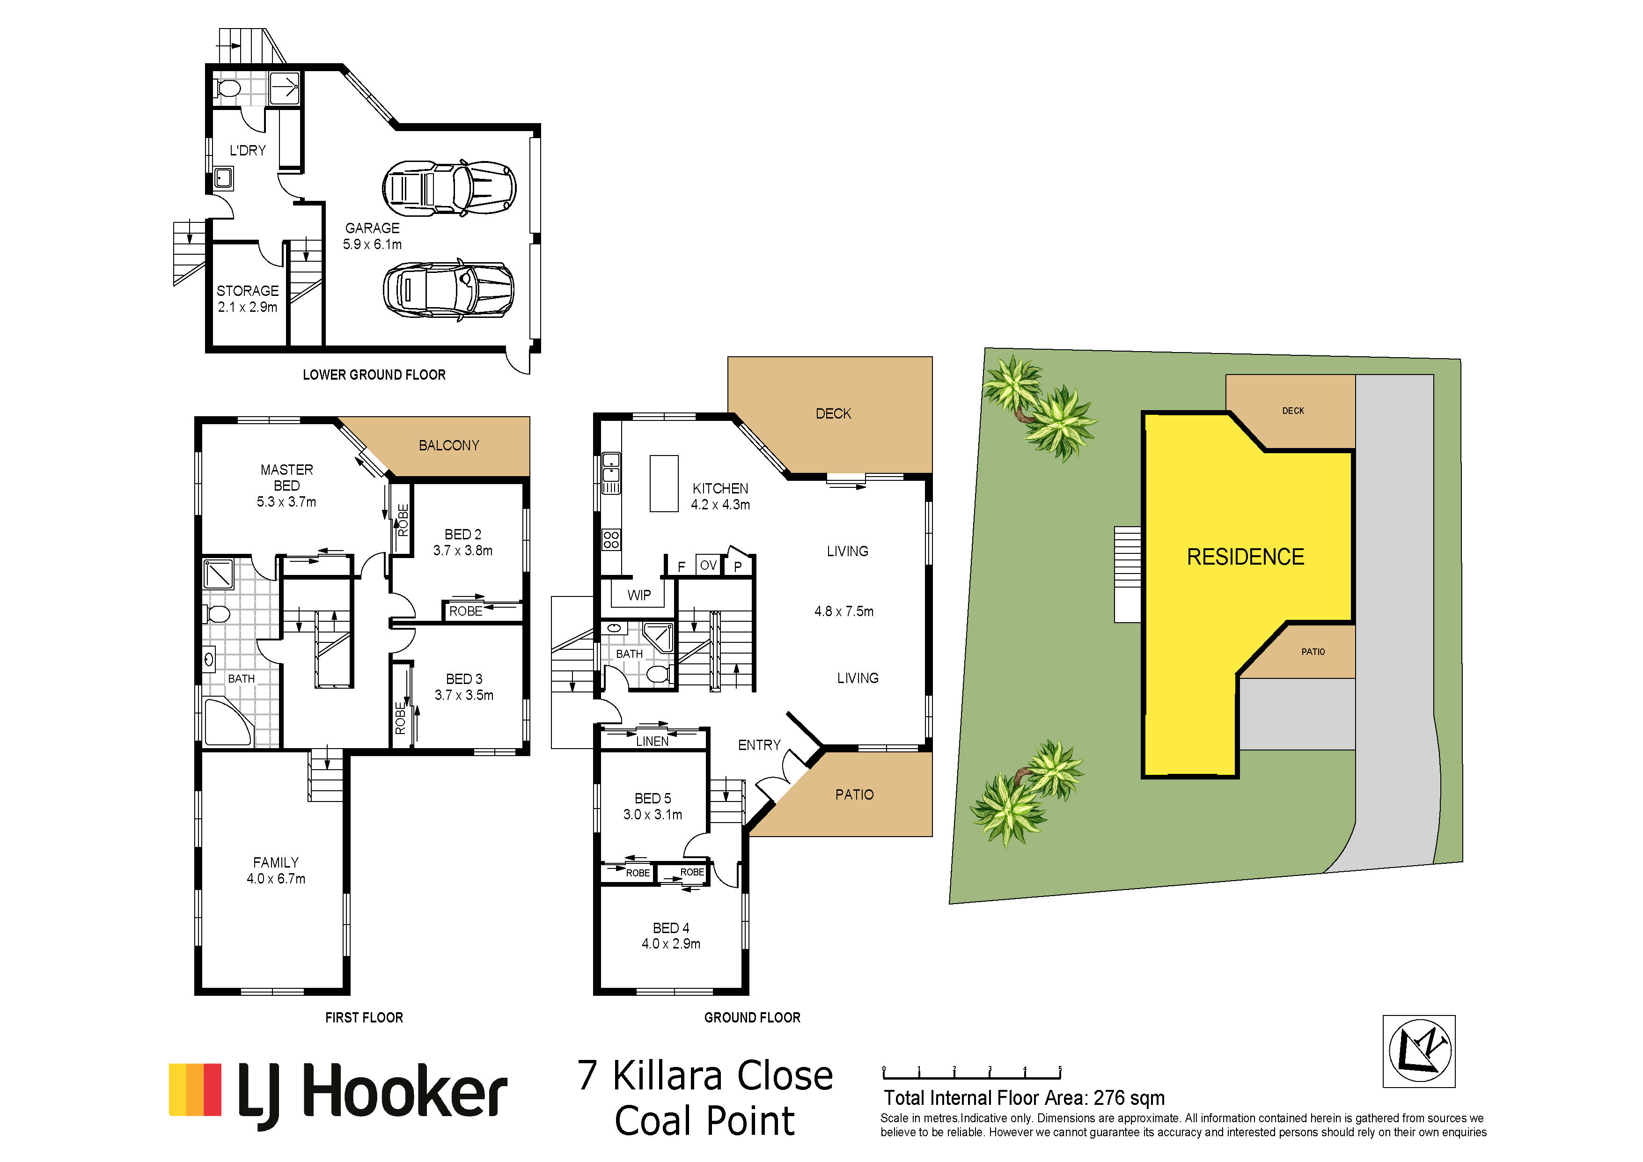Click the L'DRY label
tap(248, 150)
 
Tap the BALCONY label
tap(449, 445)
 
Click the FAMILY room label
tap(276, 862)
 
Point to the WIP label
tap(639, 596)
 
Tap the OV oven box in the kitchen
tap(708, 565)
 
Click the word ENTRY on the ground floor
tap(759, 745)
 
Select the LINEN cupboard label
tap(653, 741)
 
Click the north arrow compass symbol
tap(1419, 1051)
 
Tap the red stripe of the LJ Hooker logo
tap(213, 1089)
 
